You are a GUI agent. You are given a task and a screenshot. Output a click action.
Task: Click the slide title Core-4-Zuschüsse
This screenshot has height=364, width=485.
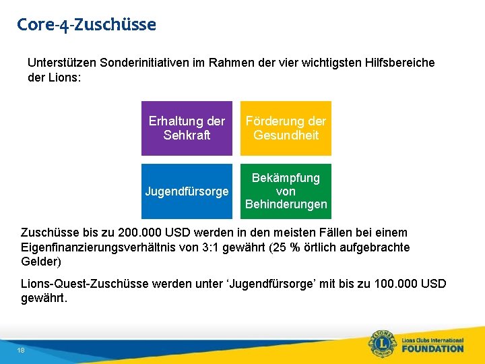pos(86,25)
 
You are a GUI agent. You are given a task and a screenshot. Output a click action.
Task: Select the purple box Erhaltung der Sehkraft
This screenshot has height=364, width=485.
pos(187,128)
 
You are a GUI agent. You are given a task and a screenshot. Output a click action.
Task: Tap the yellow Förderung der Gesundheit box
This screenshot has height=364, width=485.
pos(286,128)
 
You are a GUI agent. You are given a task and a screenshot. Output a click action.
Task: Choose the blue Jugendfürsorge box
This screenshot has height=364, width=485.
pos(187,191)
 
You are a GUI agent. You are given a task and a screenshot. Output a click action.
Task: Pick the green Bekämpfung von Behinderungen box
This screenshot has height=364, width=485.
pos(286,191)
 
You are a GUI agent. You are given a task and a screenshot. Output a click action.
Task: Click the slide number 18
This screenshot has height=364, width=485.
pos(22,351)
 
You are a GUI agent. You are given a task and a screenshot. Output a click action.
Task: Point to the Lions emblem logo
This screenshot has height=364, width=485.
pos(381,343)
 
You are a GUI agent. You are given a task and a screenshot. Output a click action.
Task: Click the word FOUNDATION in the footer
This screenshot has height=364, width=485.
pos(433,348)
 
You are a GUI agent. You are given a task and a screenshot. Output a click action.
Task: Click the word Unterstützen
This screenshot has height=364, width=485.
pos(62,63)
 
